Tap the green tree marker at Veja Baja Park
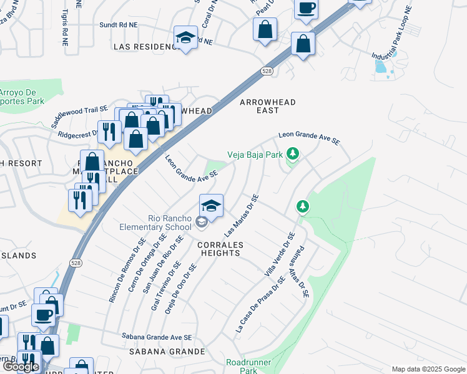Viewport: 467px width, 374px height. tap(292, 154)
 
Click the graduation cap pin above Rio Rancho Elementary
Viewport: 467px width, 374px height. tap(212, 206)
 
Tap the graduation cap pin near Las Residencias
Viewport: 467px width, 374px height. tap(185, 39)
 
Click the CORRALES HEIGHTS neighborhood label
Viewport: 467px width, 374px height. tap(219, 249)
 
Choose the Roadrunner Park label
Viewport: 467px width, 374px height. tap(242, 366)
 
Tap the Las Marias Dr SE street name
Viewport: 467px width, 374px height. tap(242, 216)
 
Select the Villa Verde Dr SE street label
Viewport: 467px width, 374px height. tap(280, 254)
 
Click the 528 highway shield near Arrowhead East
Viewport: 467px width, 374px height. tap(267, 72)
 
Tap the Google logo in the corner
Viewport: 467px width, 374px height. tap(21, 367)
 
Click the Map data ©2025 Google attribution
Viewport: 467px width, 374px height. tap(428, 369)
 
